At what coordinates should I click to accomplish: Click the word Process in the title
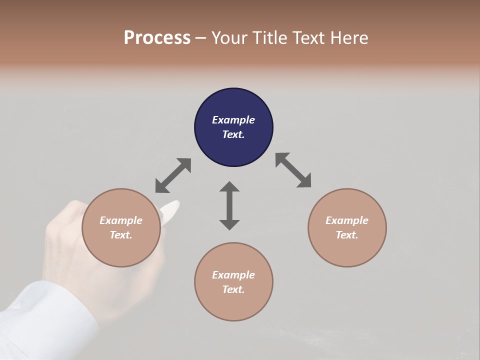coord(157,38)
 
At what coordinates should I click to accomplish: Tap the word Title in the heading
coord(268,38)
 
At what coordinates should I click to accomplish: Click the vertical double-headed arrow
coord(229,205)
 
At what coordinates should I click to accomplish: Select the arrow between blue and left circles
coord(173,175)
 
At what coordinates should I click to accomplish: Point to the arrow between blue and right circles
coord(293,170)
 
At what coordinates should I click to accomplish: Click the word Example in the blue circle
coord(233,120)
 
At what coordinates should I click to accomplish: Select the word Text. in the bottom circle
coord(233,289)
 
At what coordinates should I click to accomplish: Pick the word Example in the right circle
coord(347,220)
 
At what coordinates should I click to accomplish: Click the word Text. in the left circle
coord(121,235)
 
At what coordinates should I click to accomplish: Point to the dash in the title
coord(201,38)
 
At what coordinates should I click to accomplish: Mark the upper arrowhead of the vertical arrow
coord(229,187)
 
